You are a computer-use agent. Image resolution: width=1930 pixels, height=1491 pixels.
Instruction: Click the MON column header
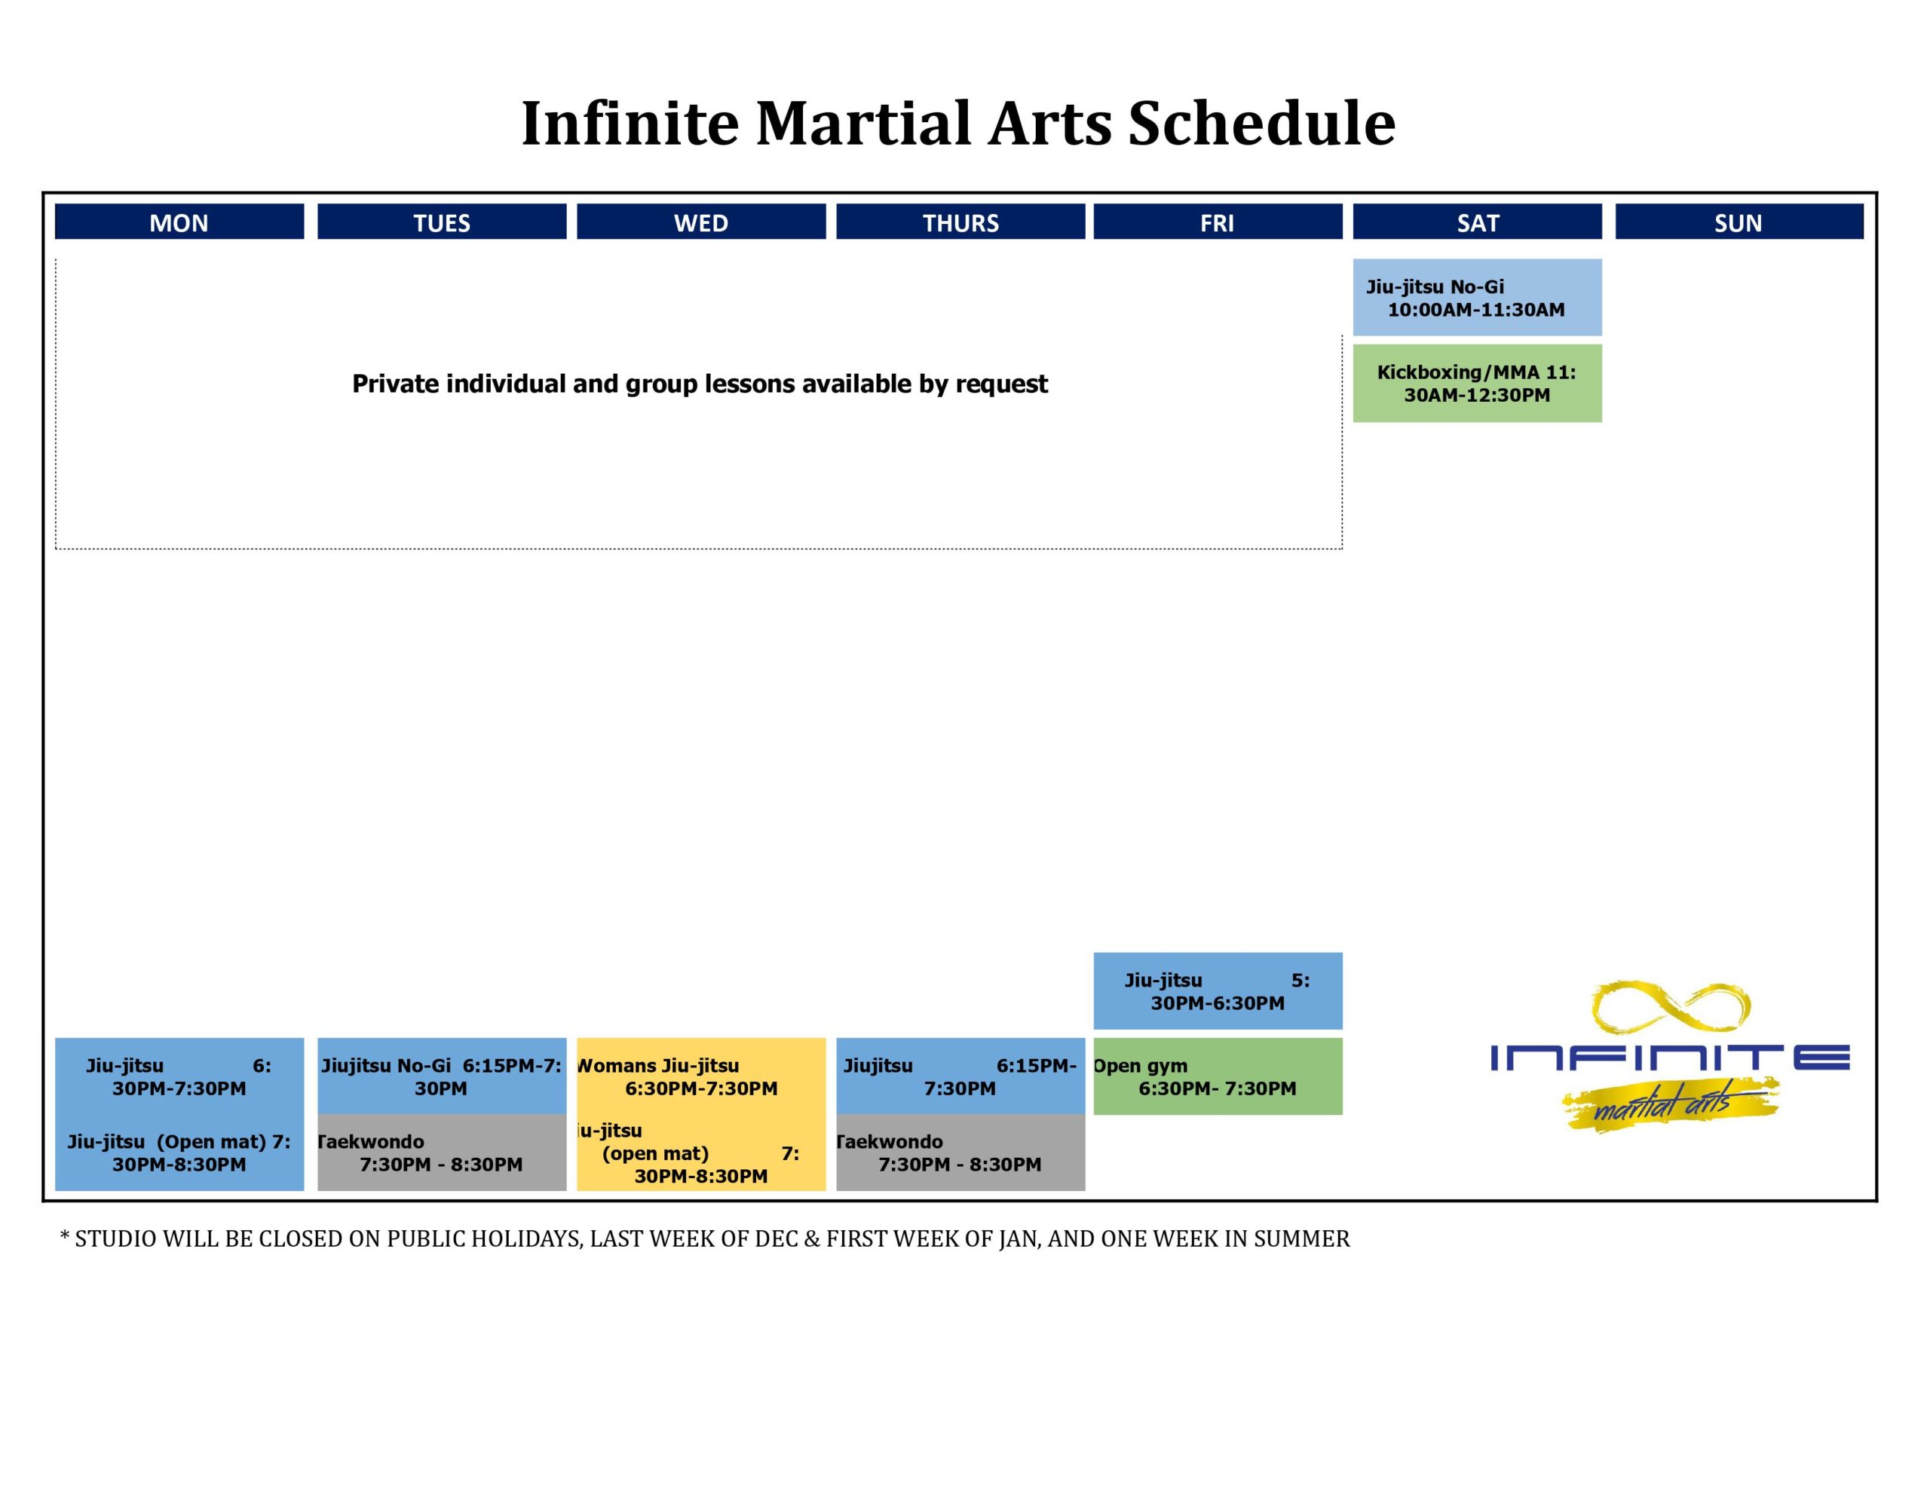(x=179, y=222)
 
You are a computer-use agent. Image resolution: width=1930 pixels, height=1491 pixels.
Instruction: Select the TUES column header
(x=442, y=222)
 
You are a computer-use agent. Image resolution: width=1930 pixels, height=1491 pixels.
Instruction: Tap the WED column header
(x=702, y=222)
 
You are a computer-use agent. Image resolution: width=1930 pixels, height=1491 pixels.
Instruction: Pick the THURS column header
(x=960, y=222)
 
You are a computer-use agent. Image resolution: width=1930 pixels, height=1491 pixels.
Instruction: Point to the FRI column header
(x=1218, y=222)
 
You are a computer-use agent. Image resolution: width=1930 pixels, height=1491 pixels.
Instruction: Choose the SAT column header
(x=1478, y=222)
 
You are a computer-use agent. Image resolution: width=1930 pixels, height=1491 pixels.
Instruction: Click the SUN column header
(x=1739, y=222)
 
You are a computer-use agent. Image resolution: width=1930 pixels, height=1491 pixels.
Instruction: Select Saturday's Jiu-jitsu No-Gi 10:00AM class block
(x=1478, y=297)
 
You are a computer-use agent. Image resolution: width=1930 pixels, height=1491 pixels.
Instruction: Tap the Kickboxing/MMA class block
(x=1478, y=384)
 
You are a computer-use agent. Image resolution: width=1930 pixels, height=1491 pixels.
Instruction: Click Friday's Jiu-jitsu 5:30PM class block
(x=1218, y=990)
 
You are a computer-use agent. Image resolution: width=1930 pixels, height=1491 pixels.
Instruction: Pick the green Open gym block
(x=1218, y=1076)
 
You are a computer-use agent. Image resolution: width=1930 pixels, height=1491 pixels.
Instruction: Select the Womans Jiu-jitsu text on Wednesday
(x=658, y=1066)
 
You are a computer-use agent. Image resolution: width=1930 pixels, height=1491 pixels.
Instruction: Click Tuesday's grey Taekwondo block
(x=442, y=1153)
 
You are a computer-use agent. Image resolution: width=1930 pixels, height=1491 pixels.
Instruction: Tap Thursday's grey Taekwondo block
(x=960, y=1153)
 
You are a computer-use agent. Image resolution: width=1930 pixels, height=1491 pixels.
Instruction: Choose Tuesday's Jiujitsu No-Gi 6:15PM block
(x=442, y=1076)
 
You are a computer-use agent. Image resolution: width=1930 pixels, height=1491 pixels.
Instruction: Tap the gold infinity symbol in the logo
(x=1671, y=1006)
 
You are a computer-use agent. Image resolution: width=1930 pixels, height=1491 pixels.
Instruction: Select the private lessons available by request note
(x=700, y=384)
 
